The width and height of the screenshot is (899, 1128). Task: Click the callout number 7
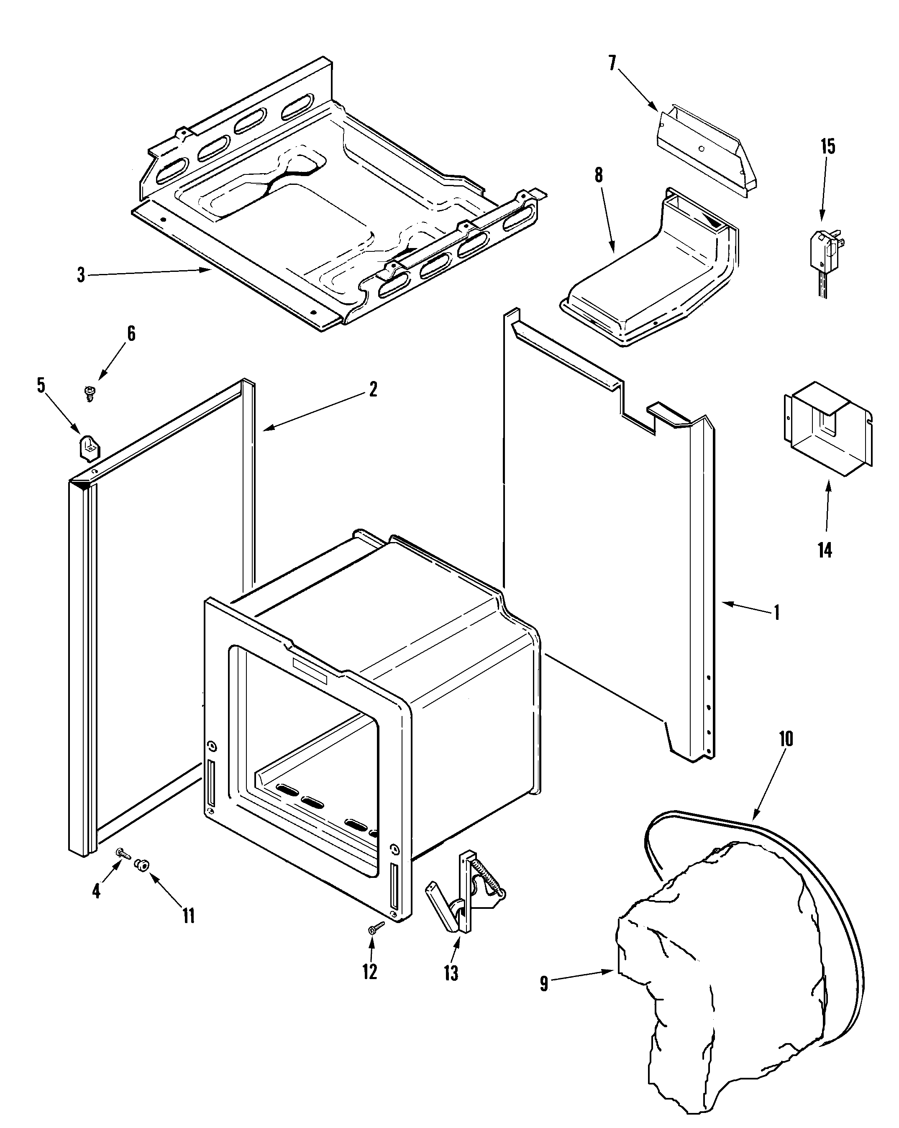tap(612, 63)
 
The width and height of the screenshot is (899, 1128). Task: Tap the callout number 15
tap(827, 146)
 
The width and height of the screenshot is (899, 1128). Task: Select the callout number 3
tap(81, 275)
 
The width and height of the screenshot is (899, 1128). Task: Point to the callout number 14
tap(825, 550)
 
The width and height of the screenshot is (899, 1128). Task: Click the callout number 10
tap(786, 739)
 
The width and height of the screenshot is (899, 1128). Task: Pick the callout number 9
tap(544, 984)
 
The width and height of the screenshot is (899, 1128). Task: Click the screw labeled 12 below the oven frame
tap(375, 928)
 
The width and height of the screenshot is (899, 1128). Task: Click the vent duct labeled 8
tap(649, 283)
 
